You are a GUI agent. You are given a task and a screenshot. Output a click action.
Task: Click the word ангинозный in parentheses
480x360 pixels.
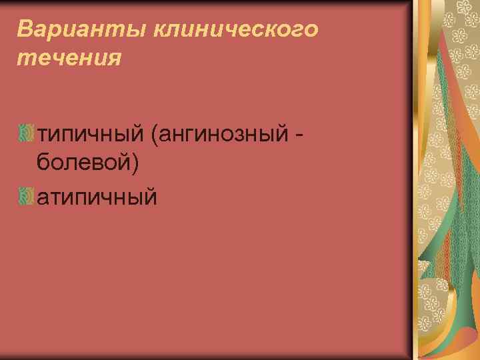coord(225,134)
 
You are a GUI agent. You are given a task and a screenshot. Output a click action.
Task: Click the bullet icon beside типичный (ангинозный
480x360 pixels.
coord(26,134)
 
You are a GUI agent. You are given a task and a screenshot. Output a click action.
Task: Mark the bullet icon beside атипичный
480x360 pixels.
coord(26,196)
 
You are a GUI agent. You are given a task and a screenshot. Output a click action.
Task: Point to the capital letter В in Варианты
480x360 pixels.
coord(25,29)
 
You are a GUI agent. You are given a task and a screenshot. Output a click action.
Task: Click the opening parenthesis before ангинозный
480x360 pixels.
coord(155,135)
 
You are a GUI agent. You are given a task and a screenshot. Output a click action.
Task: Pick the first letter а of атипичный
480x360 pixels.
coord(43,197)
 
